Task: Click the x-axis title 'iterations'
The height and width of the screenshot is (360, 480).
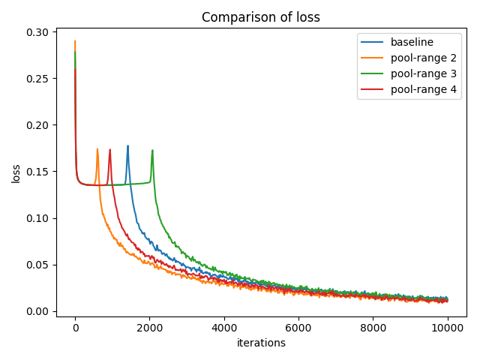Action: pyautogui.click(x=261, y=343)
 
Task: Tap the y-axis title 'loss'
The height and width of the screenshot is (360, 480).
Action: pyautogui.click(x=16, y=174)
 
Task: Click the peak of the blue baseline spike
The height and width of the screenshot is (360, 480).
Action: pyautogui.click(x=127, y=146)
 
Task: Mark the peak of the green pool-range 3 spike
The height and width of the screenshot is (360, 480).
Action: pyautogui.click(x=152, y=151)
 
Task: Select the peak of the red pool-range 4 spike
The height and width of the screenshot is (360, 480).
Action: pyautogui.click(x=109, y=150)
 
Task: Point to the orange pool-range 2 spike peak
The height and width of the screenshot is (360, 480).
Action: pyautogui.click(x=97, y=149)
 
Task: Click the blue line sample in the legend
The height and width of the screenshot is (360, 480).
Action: pyautogui.click(x=373, y=42)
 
